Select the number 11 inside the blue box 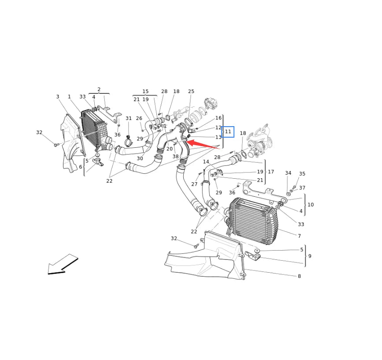coord(228,131)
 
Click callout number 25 coord(191,92)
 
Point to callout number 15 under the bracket coord(145,92)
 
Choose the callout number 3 coord(57,97)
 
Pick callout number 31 coord(128,118)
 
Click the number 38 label coord(175,157)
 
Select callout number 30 coord(140,158)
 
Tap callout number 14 coord(206,162)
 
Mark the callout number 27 coord(194,184)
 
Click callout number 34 coord(288,173)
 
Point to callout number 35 coord(302,174)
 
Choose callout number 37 coord(302,188)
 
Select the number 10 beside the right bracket coord(311,205)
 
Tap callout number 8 coord(299,276)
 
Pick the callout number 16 coord(219,118)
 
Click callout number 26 coord(139,118)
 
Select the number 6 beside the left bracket coord(80,167)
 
